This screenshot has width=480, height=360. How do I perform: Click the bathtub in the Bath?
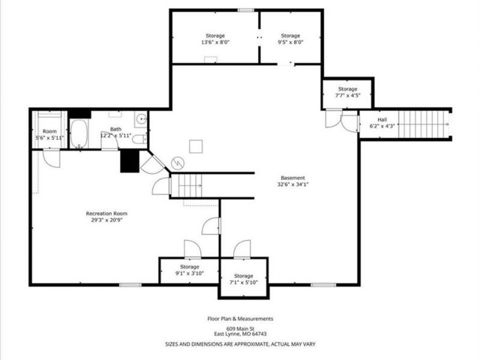coord(79,134)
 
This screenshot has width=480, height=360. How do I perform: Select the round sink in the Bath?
coord(141,119)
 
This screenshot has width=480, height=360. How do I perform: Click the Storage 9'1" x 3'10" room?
coord(189,270)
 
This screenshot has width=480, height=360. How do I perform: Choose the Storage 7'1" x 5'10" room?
coord(243,279)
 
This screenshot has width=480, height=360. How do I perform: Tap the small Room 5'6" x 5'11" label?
coord(49,134)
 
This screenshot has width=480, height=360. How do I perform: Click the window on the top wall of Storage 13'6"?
coord(245,10)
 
